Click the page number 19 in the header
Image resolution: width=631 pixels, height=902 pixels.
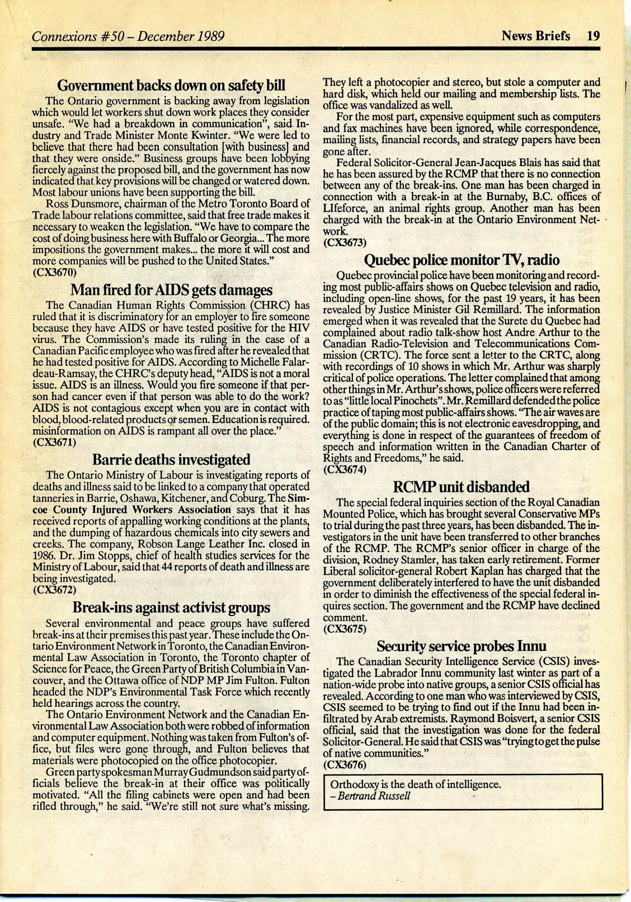tap(594, 36)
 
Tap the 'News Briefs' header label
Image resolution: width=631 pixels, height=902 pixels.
tap(535, 36)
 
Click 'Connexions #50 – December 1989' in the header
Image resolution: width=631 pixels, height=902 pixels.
tap(128, 37)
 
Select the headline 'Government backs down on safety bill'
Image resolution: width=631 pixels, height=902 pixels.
tap(172, 86)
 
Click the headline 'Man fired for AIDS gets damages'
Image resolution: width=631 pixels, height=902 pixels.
tap(172, 290)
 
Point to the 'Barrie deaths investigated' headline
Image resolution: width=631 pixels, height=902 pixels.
tap(171, 459)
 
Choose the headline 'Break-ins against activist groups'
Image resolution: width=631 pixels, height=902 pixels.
tap(172, 607)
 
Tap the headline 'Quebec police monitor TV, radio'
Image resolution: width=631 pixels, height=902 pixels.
tap(462, 260)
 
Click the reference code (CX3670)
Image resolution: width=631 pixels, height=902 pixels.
tap(55, 273)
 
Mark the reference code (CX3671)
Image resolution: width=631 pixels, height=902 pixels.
tap(55, 441)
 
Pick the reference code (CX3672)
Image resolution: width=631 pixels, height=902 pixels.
tap(55, 589)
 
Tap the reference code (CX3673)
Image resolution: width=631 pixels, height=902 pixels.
tap(345, 242)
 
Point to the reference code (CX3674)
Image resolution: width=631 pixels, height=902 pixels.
tap(345, 469)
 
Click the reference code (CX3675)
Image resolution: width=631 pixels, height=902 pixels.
tap(345, 628)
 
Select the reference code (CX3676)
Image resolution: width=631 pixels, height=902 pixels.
tap(345, 764)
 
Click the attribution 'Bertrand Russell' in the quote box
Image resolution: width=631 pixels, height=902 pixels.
tap(374, 795)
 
